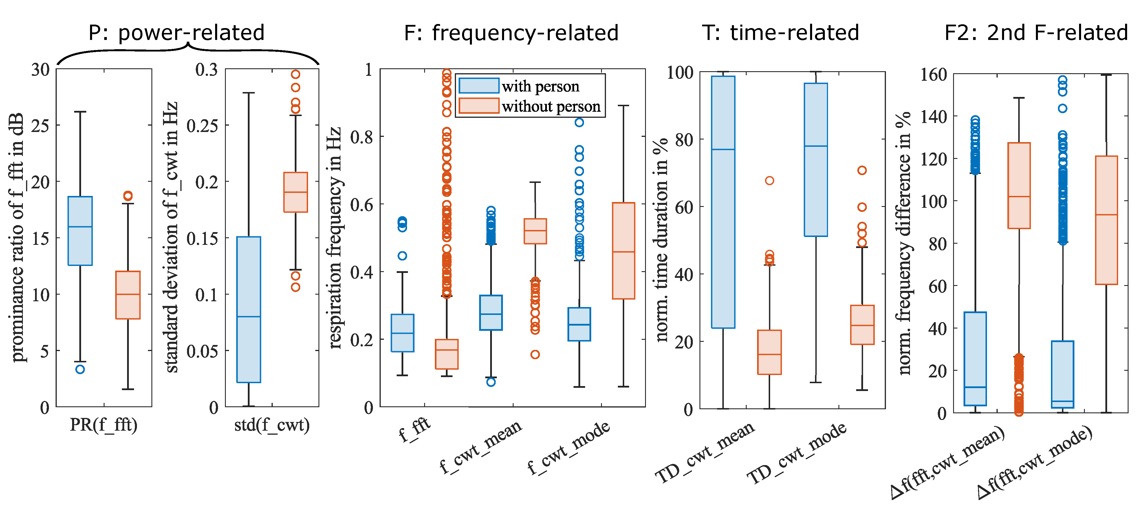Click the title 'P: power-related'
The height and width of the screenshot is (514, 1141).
176,33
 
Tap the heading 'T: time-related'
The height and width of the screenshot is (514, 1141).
781,33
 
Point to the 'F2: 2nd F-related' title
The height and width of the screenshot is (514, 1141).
1036,33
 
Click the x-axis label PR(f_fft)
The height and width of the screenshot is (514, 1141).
104,425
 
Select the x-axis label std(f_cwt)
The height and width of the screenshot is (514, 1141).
272,425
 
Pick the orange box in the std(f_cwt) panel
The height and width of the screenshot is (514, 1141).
295,192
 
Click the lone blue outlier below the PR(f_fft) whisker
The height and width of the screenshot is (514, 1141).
80,369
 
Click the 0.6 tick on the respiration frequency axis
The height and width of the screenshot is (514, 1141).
361,205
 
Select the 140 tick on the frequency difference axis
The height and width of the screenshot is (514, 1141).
933,117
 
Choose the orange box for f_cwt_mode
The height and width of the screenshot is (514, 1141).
623,251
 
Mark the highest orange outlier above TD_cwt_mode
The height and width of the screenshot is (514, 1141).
862,170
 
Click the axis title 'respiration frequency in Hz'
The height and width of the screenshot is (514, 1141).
335,237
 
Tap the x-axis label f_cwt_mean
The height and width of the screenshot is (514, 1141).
481,446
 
